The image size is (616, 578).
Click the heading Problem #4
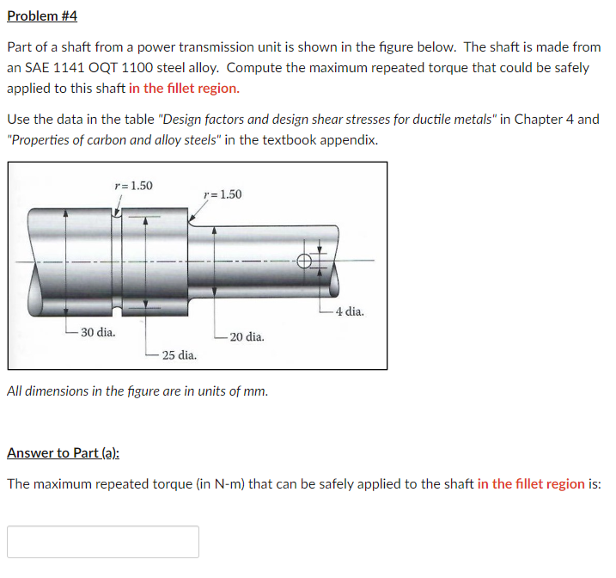click(42, 16)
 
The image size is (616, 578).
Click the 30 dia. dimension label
click(98, 332)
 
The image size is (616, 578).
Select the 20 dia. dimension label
click(247, 337)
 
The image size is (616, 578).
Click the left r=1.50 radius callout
click(133, 185)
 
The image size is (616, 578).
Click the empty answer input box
click(103, 542)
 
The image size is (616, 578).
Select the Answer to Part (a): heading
click(64, 452)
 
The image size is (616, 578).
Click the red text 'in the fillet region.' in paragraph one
click(184, 88)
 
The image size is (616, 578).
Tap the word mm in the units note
click(256, 391)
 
